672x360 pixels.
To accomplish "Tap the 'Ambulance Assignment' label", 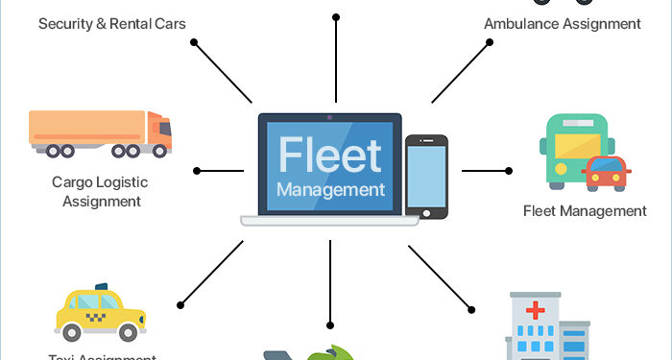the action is (x=562, y=22).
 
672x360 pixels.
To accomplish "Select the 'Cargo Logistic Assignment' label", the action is (x=102, y=191).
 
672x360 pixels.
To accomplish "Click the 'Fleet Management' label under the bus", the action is (x=585, y=210).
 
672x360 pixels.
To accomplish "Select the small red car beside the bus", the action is (x=606, y=173).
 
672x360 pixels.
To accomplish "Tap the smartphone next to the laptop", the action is (x=426, y=175).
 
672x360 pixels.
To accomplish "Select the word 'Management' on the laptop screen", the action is (x=330, y=189).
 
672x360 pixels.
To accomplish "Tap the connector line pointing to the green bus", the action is (x=485, y=170).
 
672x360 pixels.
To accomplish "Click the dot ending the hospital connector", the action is (x=471, y=308).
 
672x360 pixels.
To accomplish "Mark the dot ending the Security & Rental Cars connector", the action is (x=194, y=42).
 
